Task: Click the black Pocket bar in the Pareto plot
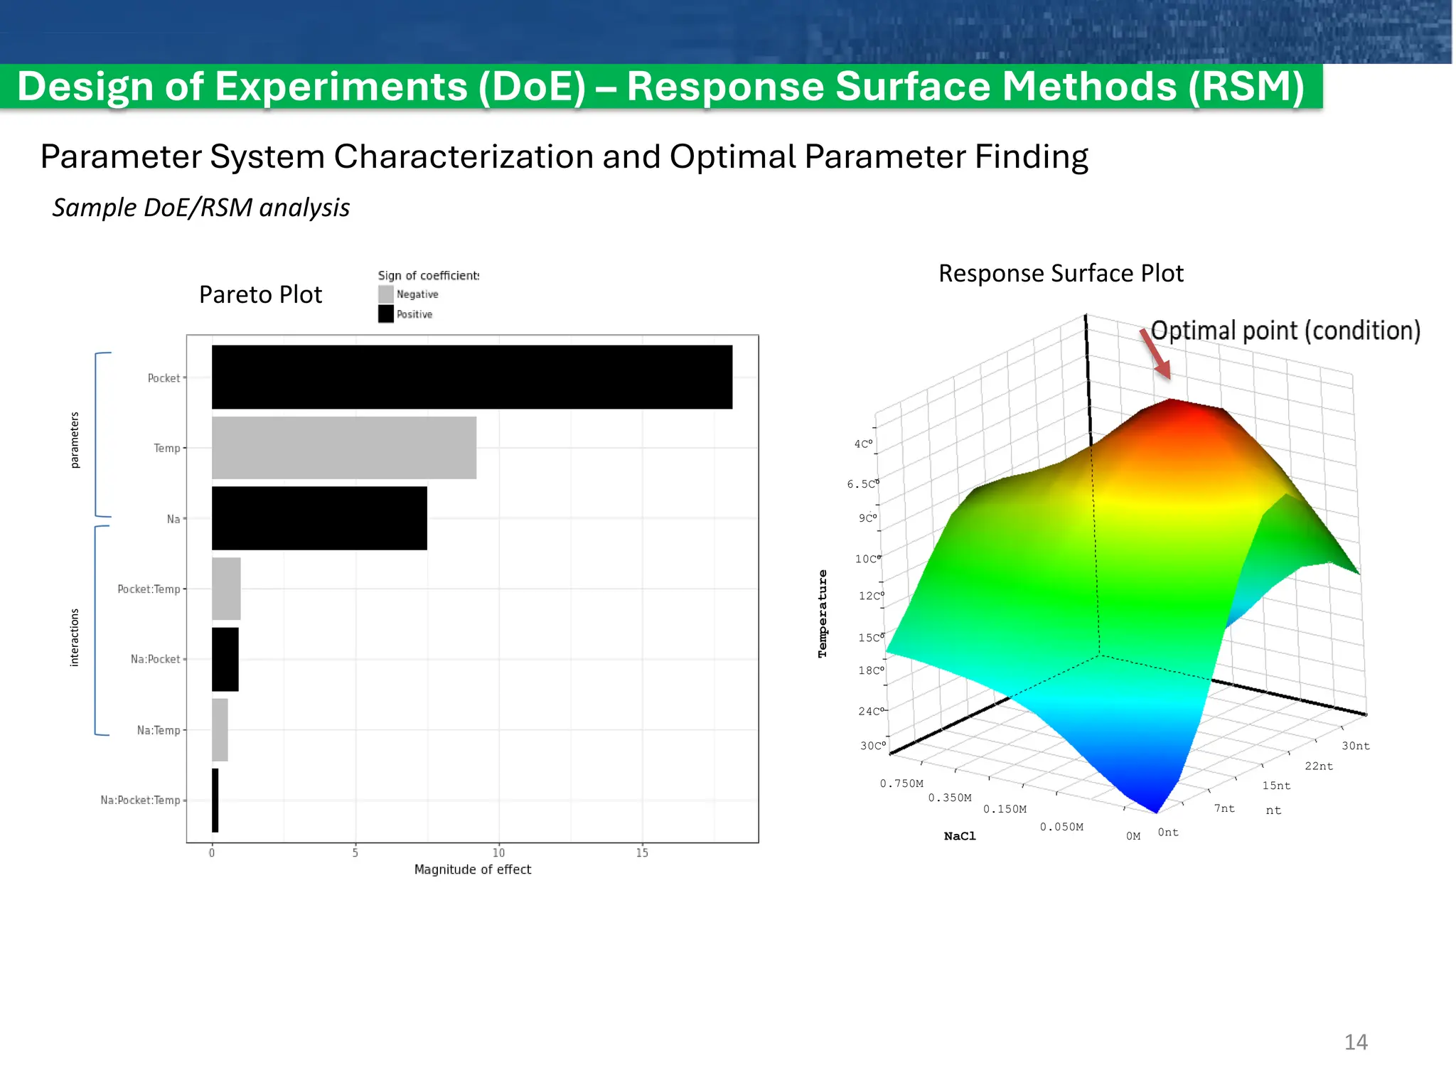point(472,377)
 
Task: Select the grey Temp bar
point(344,448)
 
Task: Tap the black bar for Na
point(319,518)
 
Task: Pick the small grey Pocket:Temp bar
point(226,589)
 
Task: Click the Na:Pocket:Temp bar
point(215,800)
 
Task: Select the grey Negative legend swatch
point(386,294)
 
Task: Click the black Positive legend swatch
point(386,314)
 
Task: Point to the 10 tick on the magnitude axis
point(499,852)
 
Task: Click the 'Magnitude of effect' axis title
point(473,869)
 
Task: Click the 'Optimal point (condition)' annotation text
point(1285,331)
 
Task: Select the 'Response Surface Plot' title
point(1061,274)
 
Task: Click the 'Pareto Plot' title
point(260,294)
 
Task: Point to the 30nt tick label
point(1355,746)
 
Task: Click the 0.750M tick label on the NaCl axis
point(901,783)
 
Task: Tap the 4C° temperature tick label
point(863,444)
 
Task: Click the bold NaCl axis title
point(960,836)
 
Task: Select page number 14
point(1356,1042)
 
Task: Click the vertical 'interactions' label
point(75,638)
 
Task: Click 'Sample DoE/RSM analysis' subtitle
point(201,208)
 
